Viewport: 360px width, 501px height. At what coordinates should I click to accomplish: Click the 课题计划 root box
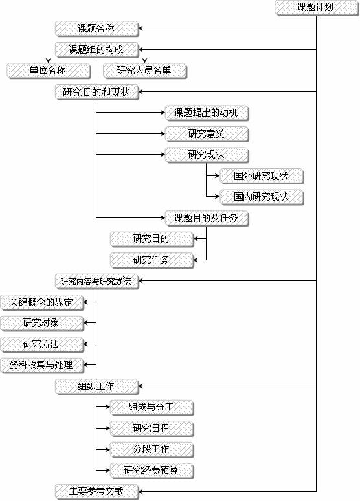tap(317, 8)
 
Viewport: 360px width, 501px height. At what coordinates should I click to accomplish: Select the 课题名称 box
tap(97, 28)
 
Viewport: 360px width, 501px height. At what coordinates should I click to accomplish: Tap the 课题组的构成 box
tap(97, 50)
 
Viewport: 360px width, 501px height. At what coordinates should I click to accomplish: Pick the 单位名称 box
tap(49, 71)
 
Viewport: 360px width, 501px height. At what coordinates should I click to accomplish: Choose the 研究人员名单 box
tap(145, 71)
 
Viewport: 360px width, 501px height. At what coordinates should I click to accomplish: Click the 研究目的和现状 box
tap(97, 93)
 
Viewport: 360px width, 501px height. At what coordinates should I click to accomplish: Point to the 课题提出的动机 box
tap(207, 113)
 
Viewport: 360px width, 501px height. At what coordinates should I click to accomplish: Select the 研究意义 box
tap(207, 134)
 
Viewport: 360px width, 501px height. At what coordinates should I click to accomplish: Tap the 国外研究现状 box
tap(262, 176)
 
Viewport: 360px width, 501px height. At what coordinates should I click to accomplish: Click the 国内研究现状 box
tap(262, 197)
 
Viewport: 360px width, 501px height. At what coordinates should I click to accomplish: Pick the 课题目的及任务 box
tap(207, 219)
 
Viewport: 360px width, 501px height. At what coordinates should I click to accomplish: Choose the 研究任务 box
tap(152, 260)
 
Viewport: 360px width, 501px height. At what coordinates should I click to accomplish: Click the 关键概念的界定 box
tap(42, 302)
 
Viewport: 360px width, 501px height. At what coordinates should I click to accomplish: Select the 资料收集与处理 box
tap(42, 366)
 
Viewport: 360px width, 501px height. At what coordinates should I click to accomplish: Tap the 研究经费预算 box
tap(152, 471)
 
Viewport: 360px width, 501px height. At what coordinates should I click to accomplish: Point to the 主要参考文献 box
tap(97, 492)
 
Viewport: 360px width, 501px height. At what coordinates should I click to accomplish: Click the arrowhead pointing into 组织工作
tap(141, 386)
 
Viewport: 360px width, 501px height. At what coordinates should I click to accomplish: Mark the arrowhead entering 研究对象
tap(86, 323)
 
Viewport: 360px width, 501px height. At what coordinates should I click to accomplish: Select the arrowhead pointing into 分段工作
tap(107, 449)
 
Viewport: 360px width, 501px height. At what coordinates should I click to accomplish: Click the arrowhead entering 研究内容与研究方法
tap(141, 281)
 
